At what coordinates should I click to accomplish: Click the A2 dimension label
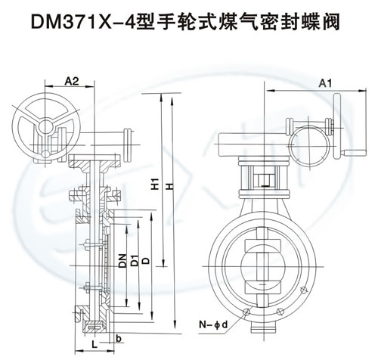(72, 81)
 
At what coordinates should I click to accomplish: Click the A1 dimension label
(325, 83)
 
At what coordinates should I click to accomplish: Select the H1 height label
(156, 184)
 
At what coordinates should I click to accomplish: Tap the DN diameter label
(123, 261)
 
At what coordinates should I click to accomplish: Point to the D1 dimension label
(135, 261)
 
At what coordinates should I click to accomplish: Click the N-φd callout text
(213, 324)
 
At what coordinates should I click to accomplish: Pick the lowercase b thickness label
(119, 339)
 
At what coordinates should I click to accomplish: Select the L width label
(94, 344)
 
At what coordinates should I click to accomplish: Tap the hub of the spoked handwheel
(47, 126)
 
